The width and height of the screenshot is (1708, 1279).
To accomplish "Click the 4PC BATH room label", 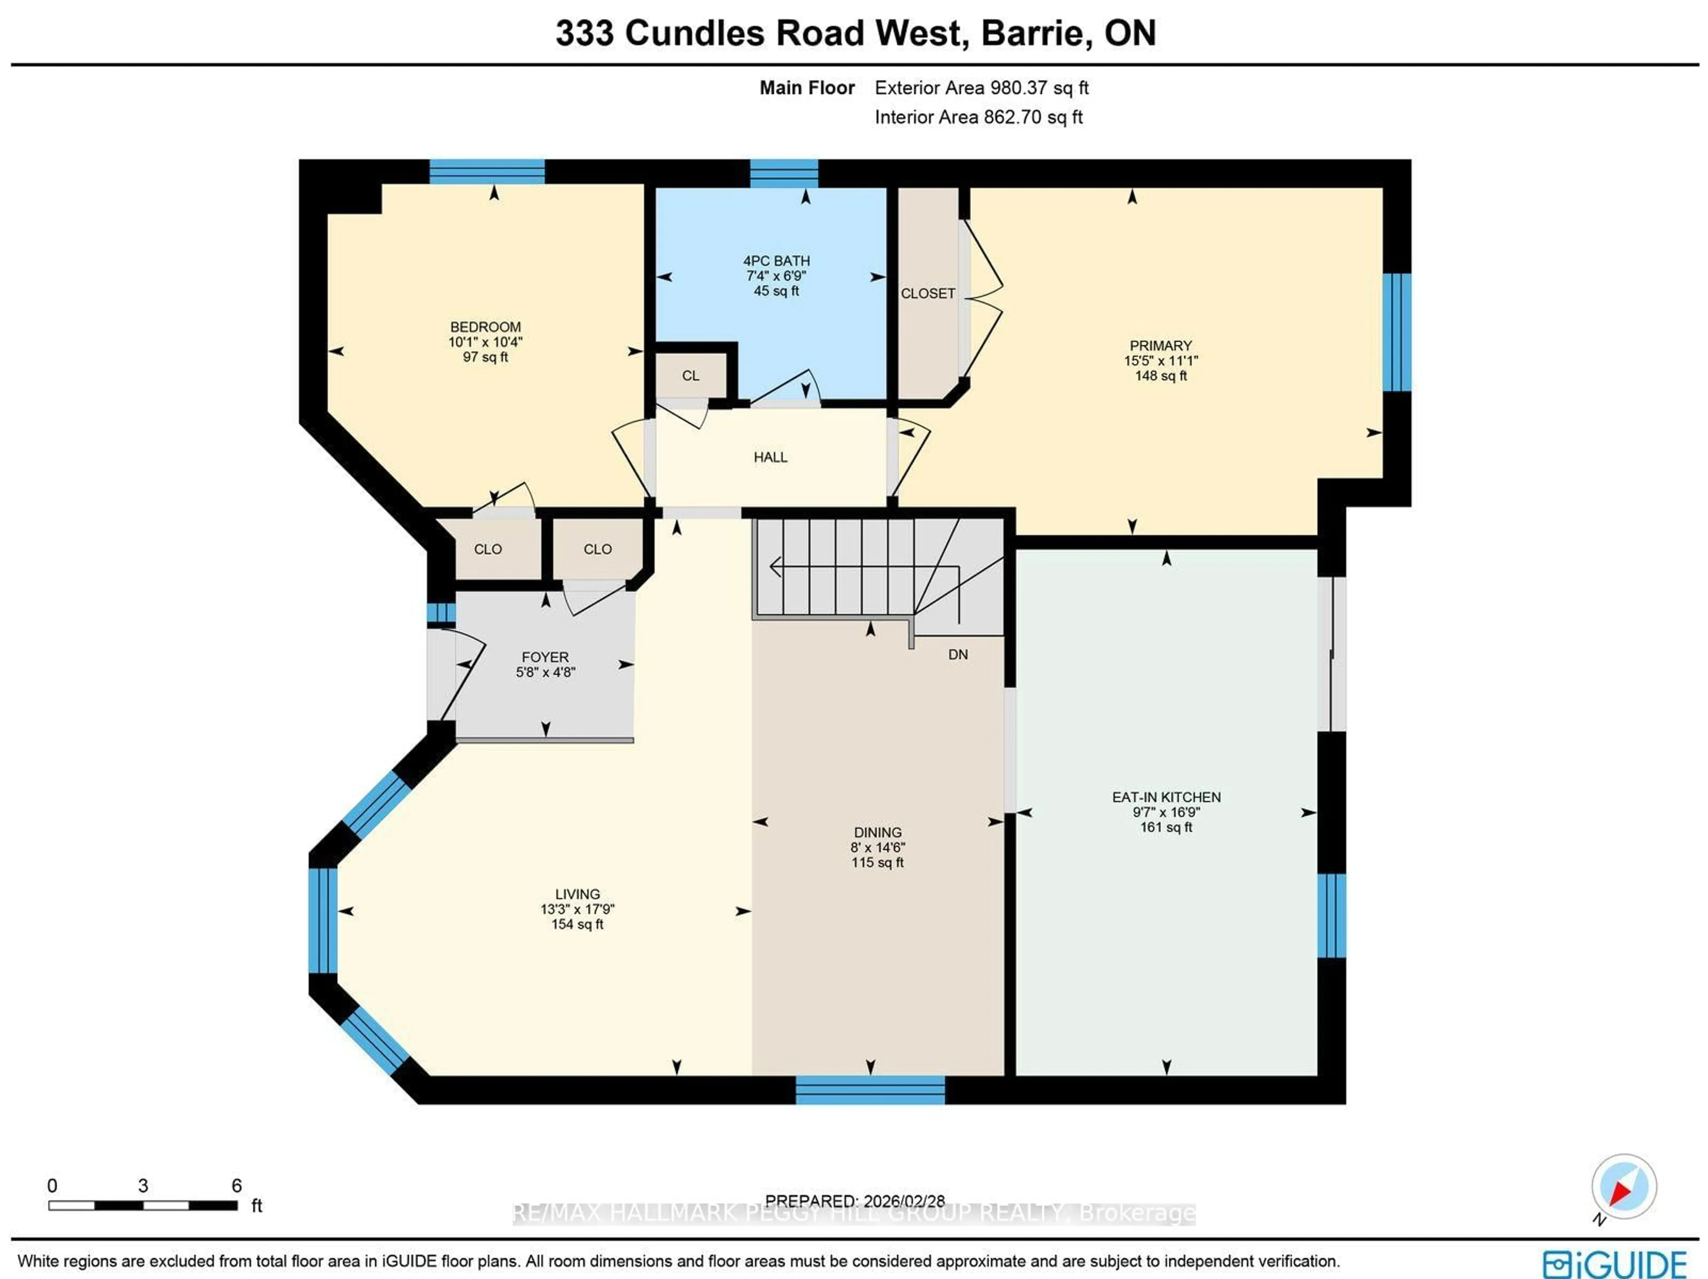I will coord(776,261).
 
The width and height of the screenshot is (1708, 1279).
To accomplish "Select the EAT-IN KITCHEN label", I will coord(1166,797).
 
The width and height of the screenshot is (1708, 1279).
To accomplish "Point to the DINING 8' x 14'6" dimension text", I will coord(878,847).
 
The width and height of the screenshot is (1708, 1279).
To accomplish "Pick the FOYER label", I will coord(545,657).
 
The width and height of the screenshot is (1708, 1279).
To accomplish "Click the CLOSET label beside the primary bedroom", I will coord(927,294).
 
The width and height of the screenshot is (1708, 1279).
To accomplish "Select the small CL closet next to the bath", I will coord(690,375).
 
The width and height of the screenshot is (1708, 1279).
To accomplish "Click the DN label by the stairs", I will coord(958,654).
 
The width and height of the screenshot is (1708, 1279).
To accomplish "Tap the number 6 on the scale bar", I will coord(236,1186).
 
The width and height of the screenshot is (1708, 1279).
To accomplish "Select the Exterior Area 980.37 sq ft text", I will coord(981,88).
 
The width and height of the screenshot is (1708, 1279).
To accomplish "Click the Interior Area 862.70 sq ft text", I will coord(978,117).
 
